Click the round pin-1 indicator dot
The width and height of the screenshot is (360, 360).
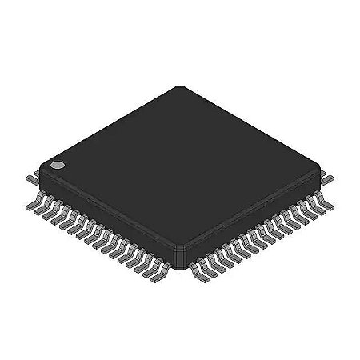coord(58,166)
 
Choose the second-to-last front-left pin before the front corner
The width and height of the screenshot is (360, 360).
coord(158,272)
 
